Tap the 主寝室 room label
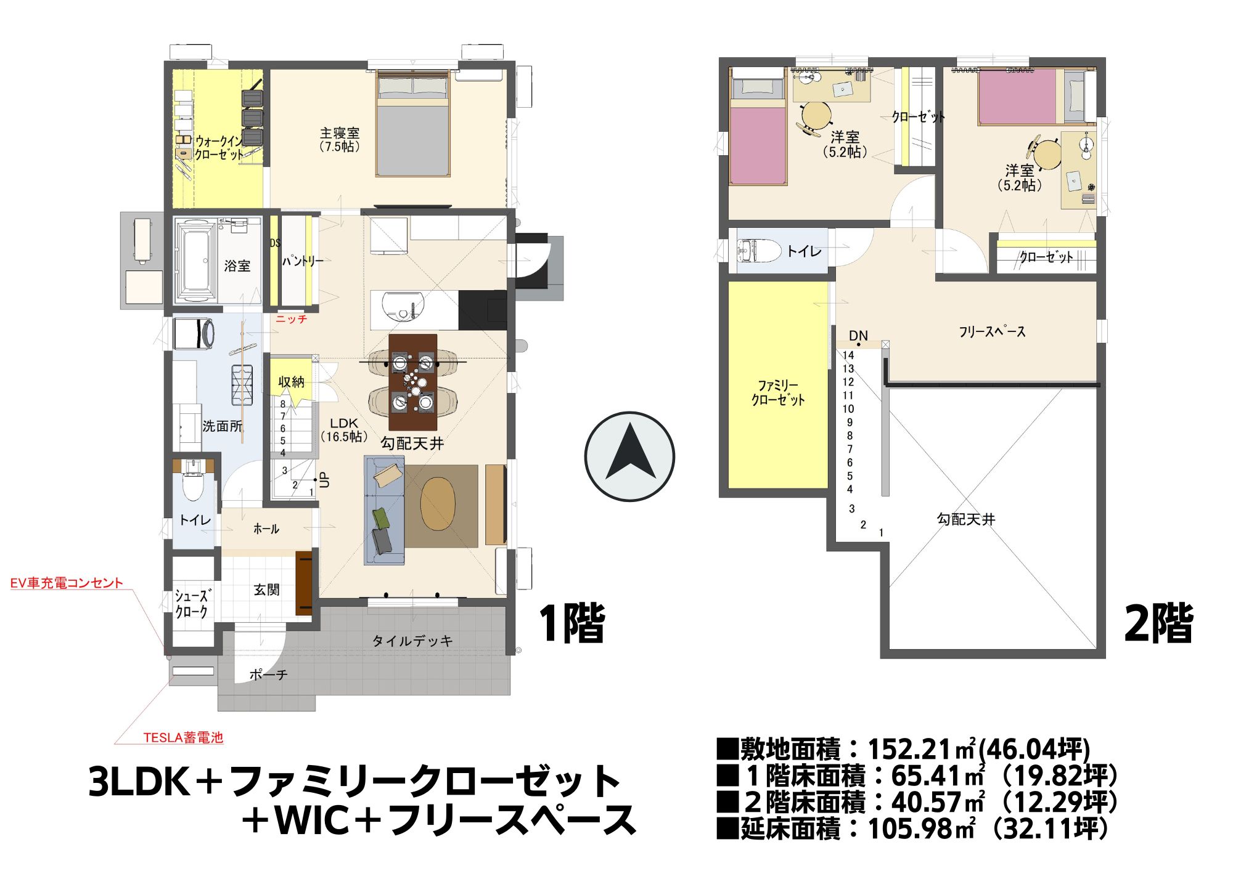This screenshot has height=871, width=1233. [x=340, y=133]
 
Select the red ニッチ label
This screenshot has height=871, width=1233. [x=291, y=319]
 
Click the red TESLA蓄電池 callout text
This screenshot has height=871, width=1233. [x=183, y=737]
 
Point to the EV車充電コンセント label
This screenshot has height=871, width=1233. [x=67, y=583]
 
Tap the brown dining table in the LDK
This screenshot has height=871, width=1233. [x=413, y=382]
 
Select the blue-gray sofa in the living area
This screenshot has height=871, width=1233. [x=384, y=510]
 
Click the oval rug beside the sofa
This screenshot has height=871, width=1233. [x=438, y=504]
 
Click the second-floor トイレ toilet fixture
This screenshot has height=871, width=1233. [x=759, y=251]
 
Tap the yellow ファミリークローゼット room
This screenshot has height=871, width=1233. [x=778, y=385]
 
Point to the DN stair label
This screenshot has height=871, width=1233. [x=858, y=336]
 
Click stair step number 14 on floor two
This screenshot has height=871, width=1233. [x=848, y=355]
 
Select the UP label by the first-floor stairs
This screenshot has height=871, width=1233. [x=326, y=480]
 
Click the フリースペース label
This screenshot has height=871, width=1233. [x=992, y=331]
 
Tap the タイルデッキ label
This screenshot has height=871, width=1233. [x=412, y=641]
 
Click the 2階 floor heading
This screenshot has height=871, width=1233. [x=1158, y=623]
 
